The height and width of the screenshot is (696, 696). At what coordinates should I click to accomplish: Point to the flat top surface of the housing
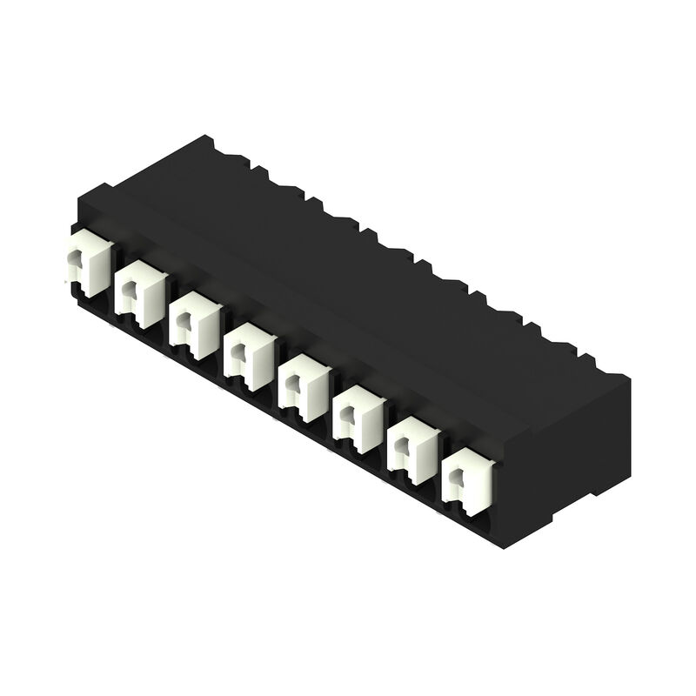(348, 261)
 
